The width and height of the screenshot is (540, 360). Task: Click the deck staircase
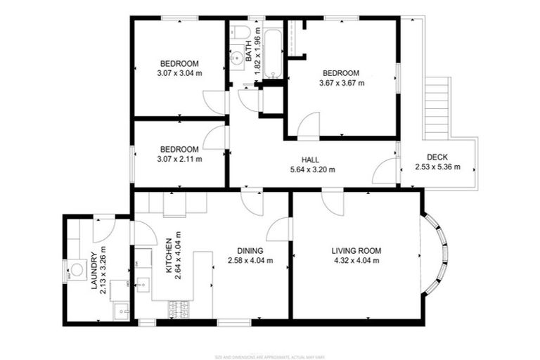437,105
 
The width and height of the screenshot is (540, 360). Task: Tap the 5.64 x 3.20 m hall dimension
313,169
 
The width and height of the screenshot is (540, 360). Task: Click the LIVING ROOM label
356,250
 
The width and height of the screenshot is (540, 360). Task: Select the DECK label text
437,157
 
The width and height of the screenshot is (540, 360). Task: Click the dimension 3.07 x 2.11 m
179,159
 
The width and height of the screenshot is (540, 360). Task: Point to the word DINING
250,250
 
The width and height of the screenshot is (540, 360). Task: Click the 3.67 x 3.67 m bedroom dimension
340,83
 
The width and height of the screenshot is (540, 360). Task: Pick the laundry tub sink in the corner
121,309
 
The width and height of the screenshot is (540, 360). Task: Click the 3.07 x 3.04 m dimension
179,72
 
